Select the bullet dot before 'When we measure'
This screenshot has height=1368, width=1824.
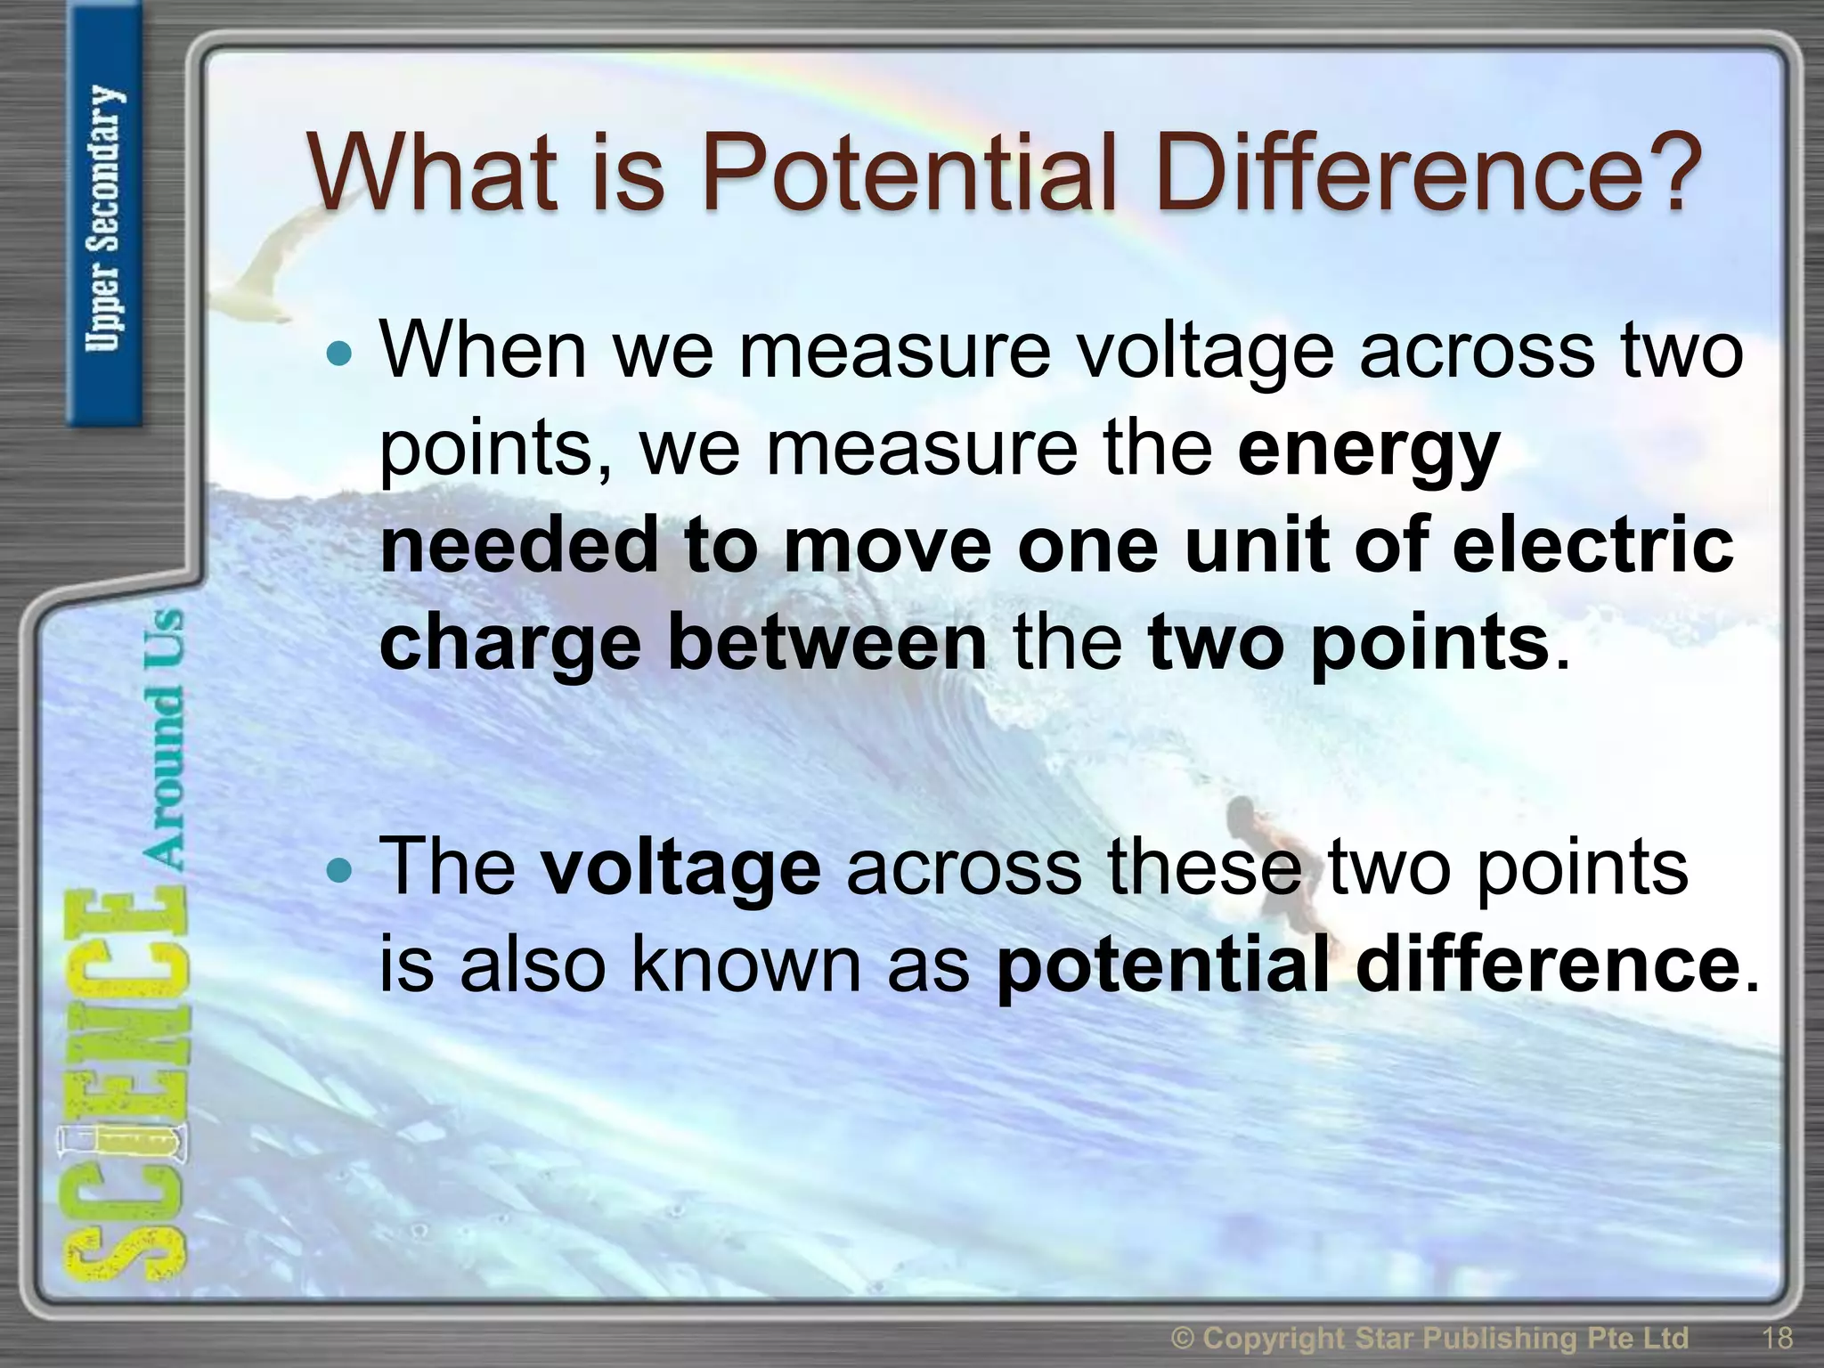[338, 355]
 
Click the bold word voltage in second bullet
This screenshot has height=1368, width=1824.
[681, 868]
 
